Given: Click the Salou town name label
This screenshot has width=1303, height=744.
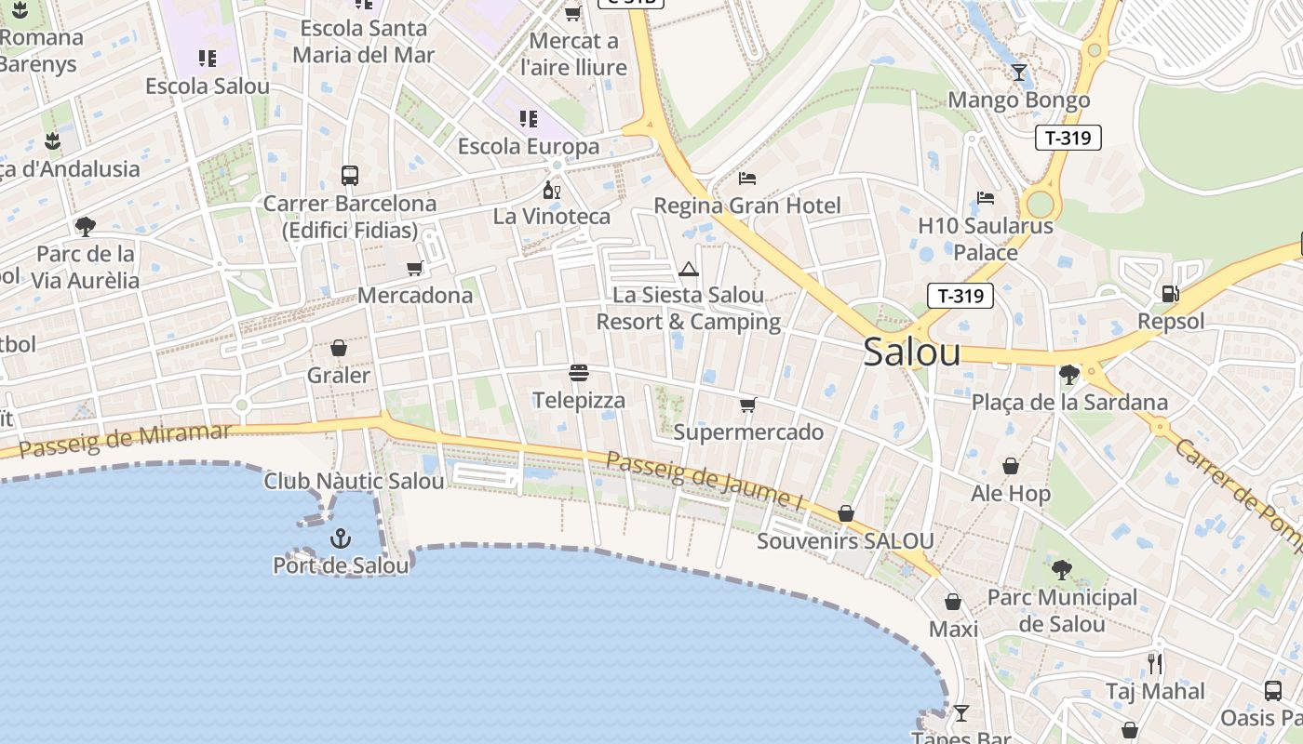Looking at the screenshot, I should (911, 352).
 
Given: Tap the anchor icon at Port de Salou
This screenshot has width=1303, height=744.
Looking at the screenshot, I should (341, 538).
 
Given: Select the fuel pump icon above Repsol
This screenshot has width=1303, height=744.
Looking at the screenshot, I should (1170, 294).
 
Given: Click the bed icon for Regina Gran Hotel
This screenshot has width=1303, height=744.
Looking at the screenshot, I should (747, 178).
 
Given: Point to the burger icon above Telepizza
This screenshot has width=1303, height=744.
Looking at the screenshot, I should (579, 374).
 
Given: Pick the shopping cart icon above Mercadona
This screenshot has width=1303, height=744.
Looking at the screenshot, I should (415, 269).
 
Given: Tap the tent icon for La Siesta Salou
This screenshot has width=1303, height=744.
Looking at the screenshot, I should (689, 270).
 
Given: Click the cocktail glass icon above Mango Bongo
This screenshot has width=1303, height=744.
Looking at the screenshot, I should (1019, 73).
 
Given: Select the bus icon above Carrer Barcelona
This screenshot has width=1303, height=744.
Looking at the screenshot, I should (350, 175).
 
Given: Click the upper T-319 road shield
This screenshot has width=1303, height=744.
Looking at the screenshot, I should (1068, 138).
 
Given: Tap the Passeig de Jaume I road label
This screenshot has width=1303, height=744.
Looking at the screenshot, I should (704, 479).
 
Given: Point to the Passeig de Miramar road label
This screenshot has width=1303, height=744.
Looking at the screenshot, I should (125, 440).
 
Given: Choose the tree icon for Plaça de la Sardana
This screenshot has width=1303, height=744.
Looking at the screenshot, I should (1069, 375).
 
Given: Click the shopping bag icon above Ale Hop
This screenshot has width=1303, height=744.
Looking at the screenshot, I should (1011, 466).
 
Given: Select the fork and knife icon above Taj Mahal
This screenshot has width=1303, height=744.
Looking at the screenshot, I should (1155, 663).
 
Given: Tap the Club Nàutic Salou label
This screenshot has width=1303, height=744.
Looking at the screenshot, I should (354, 482).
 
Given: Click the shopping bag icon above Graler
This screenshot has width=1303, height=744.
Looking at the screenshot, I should (339, 348).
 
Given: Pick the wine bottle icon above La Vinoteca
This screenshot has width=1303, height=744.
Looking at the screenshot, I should (552, 190).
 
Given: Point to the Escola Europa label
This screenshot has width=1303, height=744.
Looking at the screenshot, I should (529, 147).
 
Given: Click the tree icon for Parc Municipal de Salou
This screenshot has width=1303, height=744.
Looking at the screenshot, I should (1061, 569).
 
